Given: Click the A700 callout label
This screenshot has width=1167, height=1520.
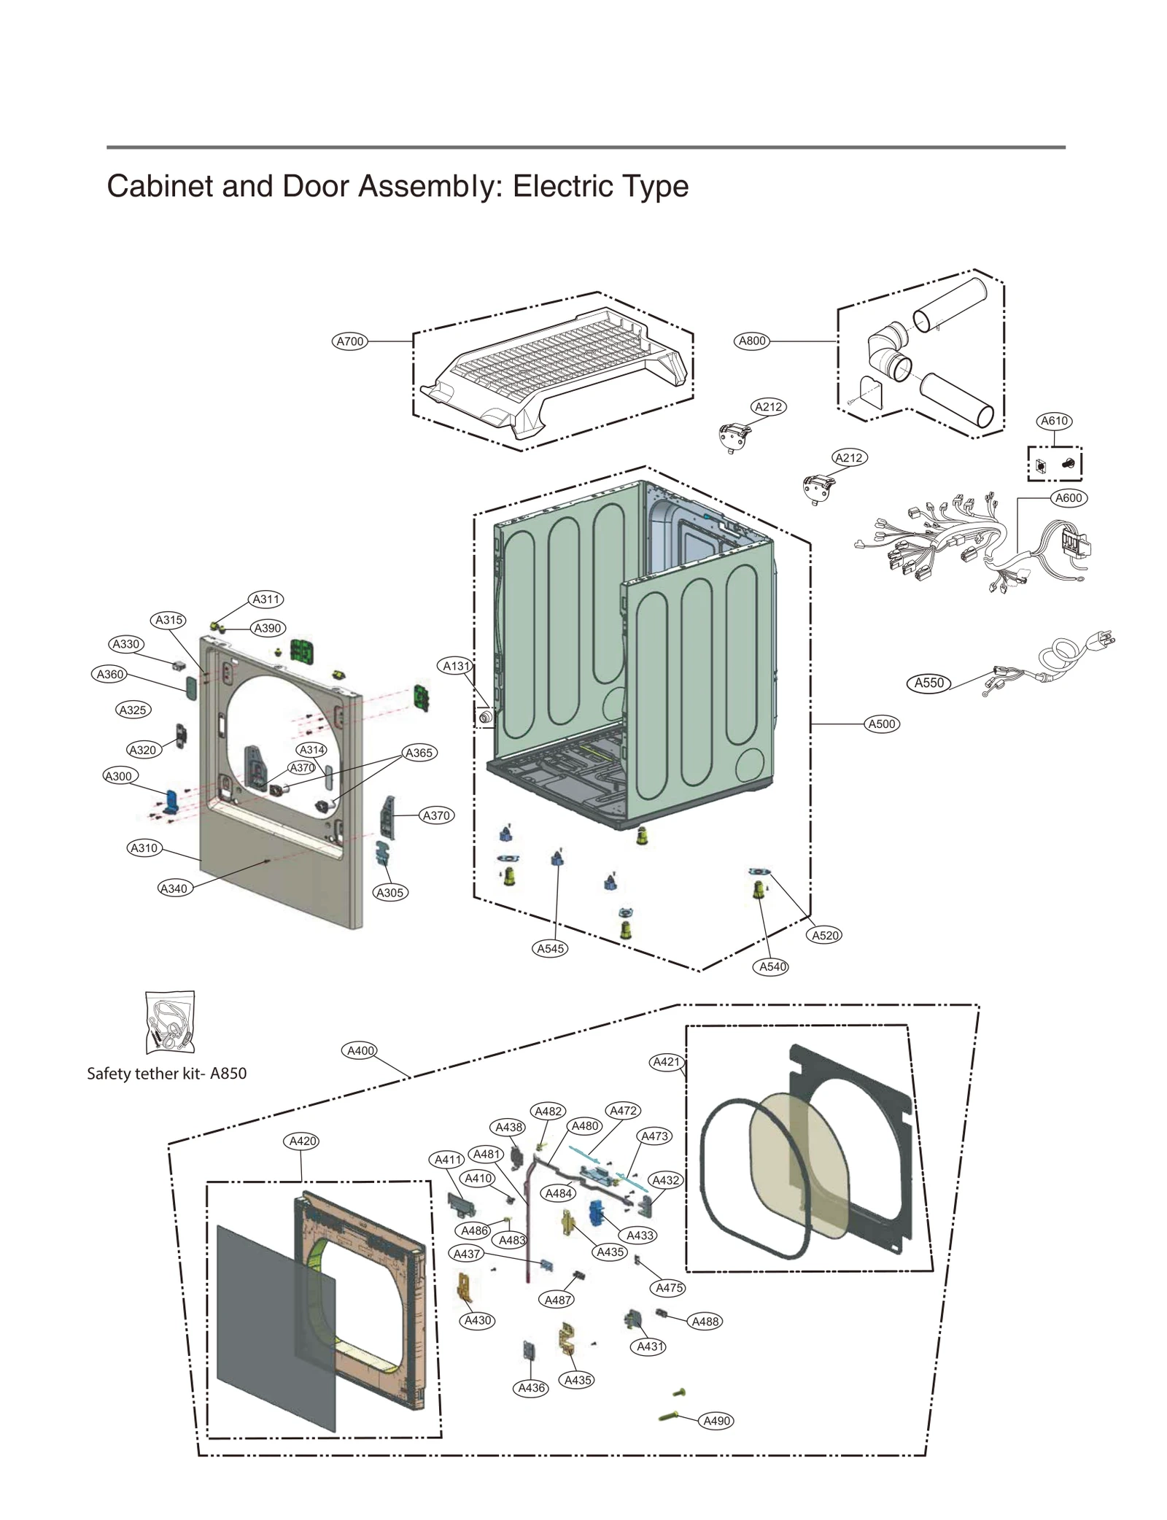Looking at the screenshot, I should (x=349, y=341).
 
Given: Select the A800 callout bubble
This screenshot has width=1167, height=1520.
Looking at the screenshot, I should (x=752, y=341).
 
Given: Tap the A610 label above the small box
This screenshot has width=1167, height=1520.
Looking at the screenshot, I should (x=1054, y=421).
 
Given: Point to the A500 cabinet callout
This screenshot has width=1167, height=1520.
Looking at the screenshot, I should (x=881, y=724).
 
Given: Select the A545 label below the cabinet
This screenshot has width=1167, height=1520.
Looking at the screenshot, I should (x=551, y=948).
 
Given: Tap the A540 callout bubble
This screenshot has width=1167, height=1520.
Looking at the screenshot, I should (x=772, y=966).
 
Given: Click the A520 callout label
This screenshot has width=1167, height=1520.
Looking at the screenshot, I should (x=826, y=935).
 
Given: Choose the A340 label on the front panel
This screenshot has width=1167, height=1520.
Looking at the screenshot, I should (x=174, y=888).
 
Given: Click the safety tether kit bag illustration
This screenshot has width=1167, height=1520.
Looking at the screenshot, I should (x=170, y=1022).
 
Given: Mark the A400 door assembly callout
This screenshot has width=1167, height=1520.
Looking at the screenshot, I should (x=360, y=1051).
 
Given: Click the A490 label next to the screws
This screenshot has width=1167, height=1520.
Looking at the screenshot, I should (x=716, y=1421).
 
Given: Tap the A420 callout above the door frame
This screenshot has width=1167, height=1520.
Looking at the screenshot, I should (x=302, y=1141).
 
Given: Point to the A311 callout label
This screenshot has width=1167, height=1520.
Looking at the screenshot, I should (x=265, y=600).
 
